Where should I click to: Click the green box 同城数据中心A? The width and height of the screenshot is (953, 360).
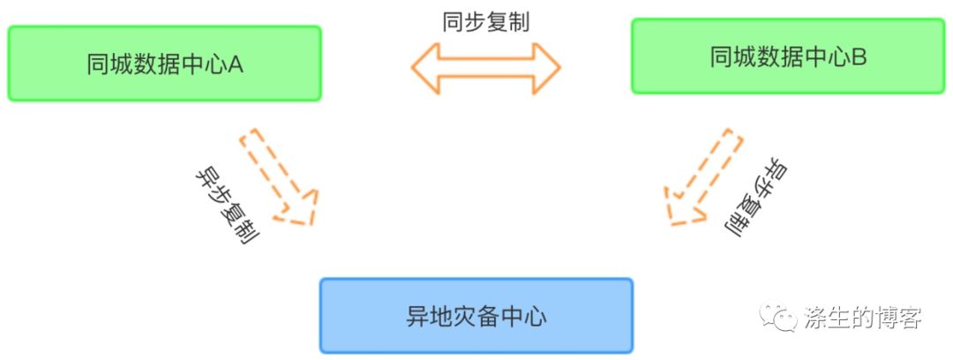pos(164,63)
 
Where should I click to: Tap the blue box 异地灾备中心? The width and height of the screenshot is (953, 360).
pos(476,316)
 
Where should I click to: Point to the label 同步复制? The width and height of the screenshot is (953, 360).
pos(485,22)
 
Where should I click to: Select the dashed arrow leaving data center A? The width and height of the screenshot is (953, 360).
pos(278,176)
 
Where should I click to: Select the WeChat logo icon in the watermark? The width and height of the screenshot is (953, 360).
pos(778,317)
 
